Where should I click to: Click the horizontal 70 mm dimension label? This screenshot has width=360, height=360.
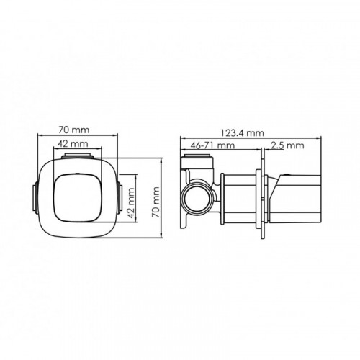74,130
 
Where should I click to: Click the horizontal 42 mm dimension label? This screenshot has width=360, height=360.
73,144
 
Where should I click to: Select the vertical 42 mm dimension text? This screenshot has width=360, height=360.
131,203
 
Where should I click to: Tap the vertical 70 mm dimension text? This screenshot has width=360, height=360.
156,202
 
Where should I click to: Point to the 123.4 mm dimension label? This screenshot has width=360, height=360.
243,132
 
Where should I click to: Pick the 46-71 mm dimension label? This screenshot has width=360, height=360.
212,145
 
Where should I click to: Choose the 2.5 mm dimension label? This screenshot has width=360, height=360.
287,145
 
